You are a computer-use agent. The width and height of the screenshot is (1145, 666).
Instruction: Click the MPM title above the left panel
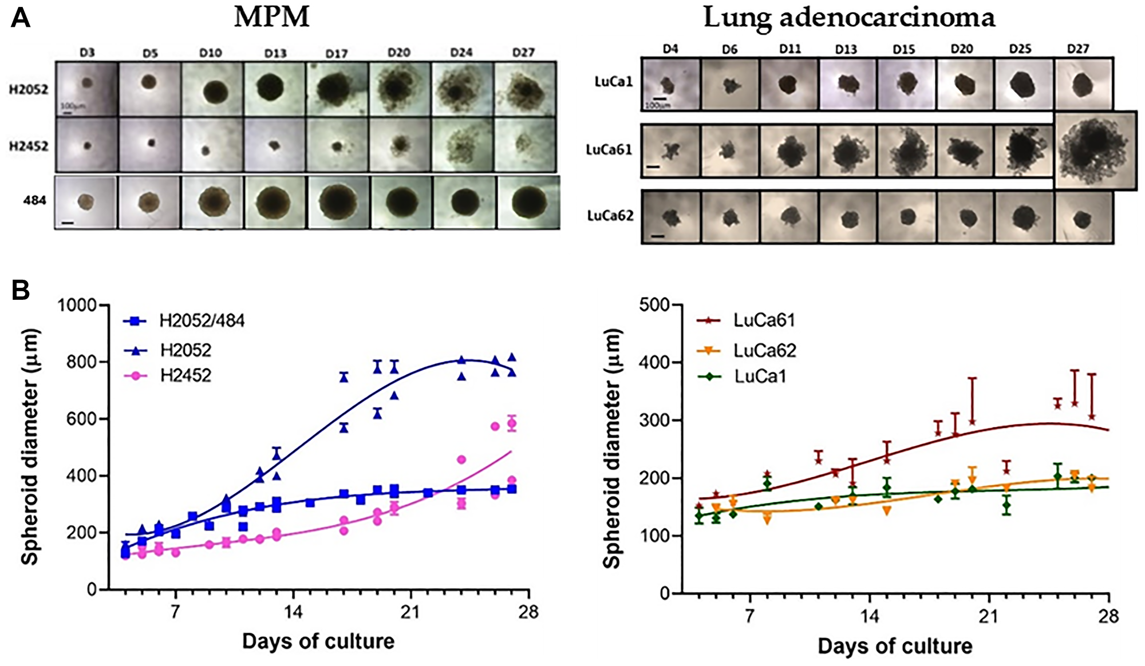coord(272,17)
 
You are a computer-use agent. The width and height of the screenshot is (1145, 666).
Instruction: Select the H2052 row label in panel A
coord(29,90)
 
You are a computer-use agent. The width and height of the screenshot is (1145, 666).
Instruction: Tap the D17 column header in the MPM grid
coord(337,53)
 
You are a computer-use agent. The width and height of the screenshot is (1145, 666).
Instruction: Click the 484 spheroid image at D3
coord(86,202)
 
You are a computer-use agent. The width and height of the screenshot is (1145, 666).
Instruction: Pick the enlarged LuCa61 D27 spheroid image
coord(1095,150)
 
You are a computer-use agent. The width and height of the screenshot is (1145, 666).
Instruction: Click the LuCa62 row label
coord(610,216)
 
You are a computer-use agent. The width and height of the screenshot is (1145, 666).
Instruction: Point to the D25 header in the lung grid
coord(1020,49)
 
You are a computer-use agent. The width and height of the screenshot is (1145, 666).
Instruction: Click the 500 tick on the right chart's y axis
coord(655,305)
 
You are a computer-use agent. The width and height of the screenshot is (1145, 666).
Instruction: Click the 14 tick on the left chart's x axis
coord(293,612)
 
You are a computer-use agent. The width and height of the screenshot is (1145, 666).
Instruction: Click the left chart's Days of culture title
coord(318,641)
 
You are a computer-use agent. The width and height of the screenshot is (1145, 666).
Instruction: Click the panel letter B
coord(21,291)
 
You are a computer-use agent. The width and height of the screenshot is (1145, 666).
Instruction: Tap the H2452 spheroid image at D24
coord(461,145)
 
